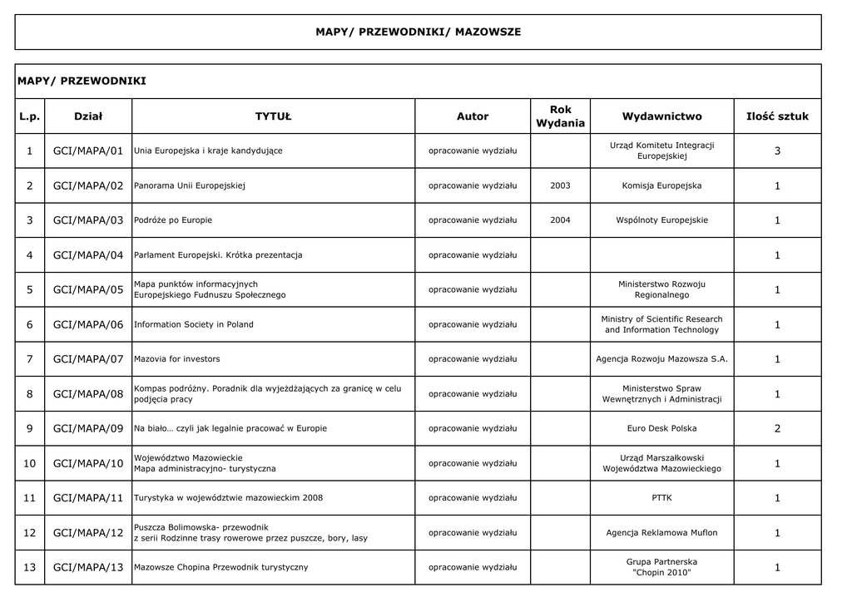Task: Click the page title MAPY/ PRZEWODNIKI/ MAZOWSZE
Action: coord(418,32)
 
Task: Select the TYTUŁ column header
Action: coord(273,116)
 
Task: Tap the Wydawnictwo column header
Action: coord(661,116)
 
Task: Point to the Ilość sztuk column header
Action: coord(777,116)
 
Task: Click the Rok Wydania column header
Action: coord(560,116)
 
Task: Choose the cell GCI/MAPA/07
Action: coord(88,359)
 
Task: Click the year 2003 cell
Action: coord(560,186)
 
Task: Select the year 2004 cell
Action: coord(560,220)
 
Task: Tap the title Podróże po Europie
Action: coord(173,220)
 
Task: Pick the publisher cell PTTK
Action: coord(661,498)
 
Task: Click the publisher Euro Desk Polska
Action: coord(661,429)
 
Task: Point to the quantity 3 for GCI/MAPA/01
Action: coord(777,151)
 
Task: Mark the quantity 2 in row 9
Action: coord(777,429)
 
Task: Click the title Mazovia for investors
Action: coord(177,359)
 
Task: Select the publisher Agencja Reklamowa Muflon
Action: coord(661,533)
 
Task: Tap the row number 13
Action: coord(29,568)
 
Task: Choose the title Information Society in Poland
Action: coord(194,324)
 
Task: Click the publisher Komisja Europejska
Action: coord(661,186)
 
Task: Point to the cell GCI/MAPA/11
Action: coord(88,498)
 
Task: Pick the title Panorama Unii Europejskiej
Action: coord(190,186)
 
